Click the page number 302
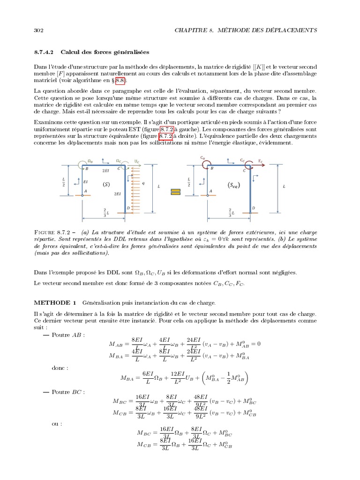pos(38,30)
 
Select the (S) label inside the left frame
pos(106,185)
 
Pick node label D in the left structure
pos(128,208)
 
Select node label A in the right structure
pos(210,191)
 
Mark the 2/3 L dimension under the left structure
pos(105,212)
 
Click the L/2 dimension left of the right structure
pos(189,181)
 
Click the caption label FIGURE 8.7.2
pos(52,232)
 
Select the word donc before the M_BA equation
pos(58,368)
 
